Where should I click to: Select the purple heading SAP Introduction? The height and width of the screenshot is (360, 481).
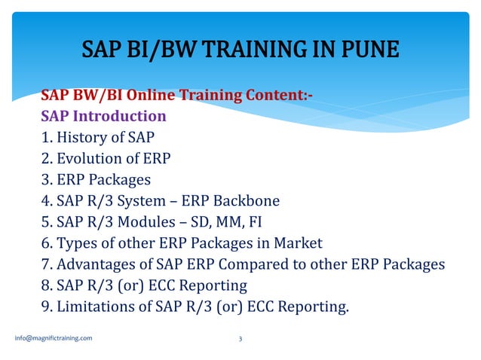point(103,117)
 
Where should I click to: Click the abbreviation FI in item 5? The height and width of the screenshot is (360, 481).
point(270,222)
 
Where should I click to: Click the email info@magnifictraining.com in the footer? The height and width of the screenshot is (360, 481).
point(54,338)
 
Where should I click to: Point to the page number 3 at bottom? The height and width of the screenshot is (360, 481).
point(240,339)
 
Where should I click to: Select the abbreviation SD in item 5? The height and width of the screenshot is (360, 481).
point(211,222)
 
